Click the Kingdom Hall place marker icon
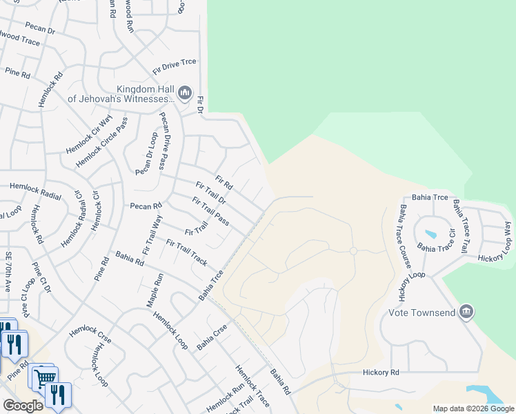point(184,93)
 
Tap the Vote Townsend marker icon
point(467,313)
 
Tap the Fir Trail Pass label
point(211,210)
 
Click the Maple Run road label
point(154,290)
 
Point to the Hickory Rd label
point(381,373)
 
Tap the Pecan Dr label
point(40,30)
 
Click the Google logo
point(23,406)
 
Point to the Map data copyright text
point(473,408)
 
